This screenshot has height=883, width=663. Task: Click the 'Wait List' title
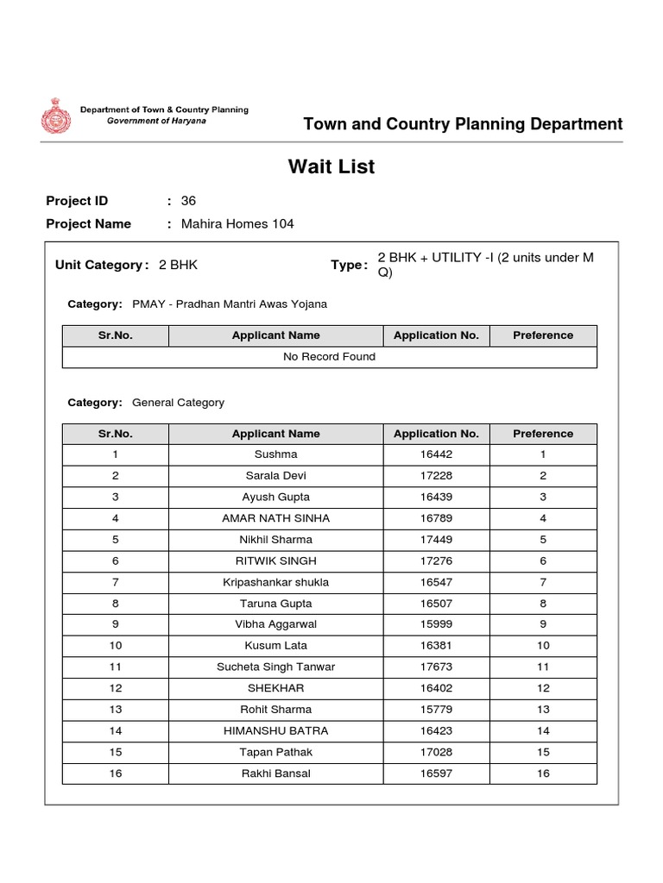coord(331,167)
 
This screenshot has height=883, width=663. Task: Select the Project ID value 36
coord(188,201)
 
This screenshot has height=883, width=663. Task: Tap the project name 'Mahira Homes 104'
coord(237,224)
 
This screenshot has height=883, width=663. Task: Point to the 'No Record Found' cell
coord(329,357)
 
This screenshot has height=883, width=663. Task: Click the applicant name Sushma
coord(275,454)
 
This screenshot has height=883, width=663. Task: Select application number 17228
coord(435,476)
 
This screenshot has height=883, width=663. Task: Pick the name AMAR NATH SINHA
coord(275,518)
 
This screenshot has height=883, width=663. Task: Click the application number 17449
coord(435,540)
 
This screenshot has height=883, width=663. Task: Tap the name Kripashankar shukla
coord(275,582)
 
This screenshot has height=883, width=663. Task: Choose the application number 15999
coord(435,624)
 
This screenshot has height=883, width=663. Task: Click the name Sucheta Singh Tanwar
coord(275,667)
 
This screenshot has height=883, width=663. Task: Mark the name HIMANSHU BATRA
coord(275,731)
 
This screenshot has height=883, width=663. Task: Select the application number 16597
coord(435,773)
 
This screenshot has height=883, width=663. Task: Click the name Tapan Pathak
coord(275,752)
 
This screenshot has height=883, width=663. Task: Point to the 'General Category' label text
coord(178,403)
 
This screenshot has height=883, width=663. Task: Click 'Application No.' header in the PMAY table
coord(435,335)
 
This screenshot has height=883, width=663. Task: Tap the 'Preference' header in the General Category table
coord(543,434)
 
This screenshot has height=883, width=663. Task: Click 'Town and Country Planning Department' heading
coord(463,124)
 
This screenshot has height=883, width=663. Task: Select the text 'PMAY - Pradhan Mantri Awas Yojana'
coord(230,304)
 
